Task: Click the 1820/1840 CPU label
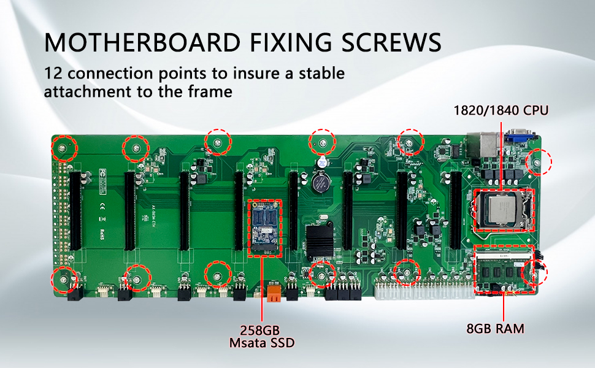click(x=501, y=111)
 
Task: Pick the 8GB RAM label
click(x=495, y=329)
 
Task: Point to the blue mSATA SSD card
click(x=266, y=226)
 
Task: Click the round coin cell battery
click(x=319, y=182)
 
